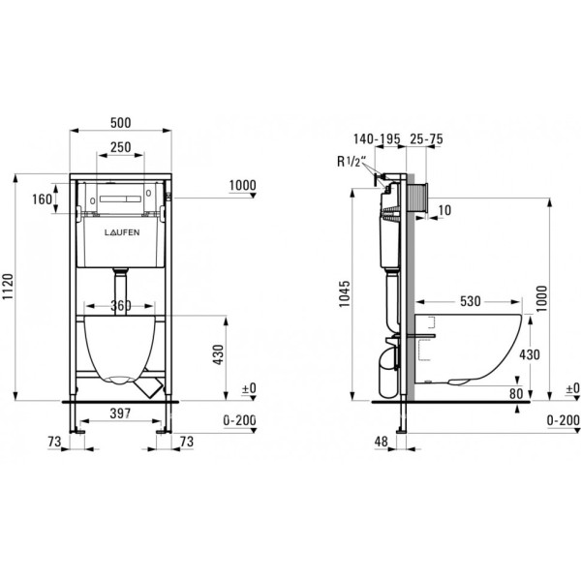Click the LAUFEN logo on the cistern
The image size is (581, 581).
tap(122, 232)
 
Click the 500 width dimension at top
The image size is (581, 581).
tap(121, 123)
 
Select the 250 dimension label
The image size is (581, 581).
tap(121, 147)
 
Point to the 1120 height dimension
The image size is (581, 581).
tap(8, 288)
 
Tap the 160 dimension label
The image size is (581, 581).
tap(42, 199)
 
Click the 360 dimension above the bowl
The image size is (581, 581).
tap(121, 306)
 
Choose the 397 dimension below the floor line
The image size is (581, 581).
tap(120, 413)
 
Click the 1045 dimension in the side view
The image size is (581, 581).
tap(344, 293)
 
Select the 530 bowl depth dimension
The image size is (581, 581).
tap(471, 301)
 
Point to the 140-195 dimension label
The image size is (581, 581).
tap(377, 138)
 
